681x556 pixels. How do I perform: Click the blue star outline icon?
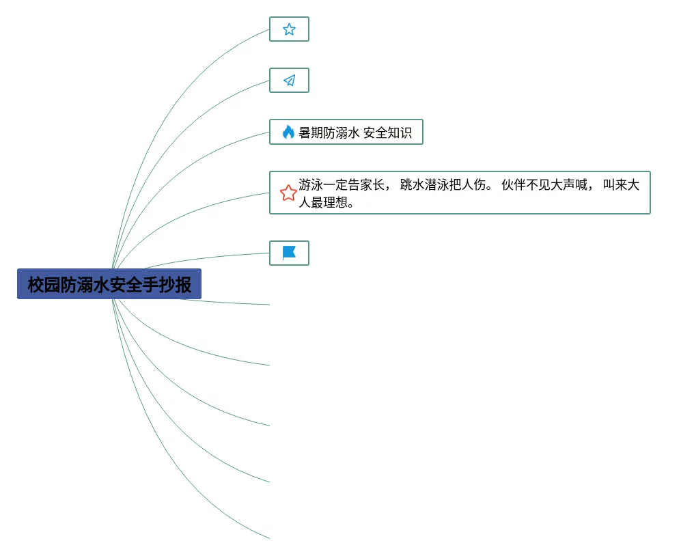pyautogui.click(x=289, y=29)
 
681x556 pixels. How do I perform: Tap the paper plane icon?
pyautogui.click(x=289, y=81)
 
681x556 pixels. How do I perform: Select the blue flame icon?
pyautogui.click(x=288, y=133)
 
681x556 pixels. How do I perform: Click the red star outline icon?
pyautogui.click(x=288, y=193)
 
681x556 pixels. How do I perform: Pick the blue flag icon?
pyautogui.click(x=289, y=253)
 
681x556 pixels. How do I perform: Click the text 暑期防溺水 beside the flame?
pyautogui.click(x=329, y=133)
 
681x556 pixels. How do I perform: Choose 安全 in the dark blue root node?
pyautogui.click(x=126, y=285)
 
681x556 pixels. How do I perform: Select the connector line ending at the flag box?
pyautogui.click(x=205, y=258)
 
